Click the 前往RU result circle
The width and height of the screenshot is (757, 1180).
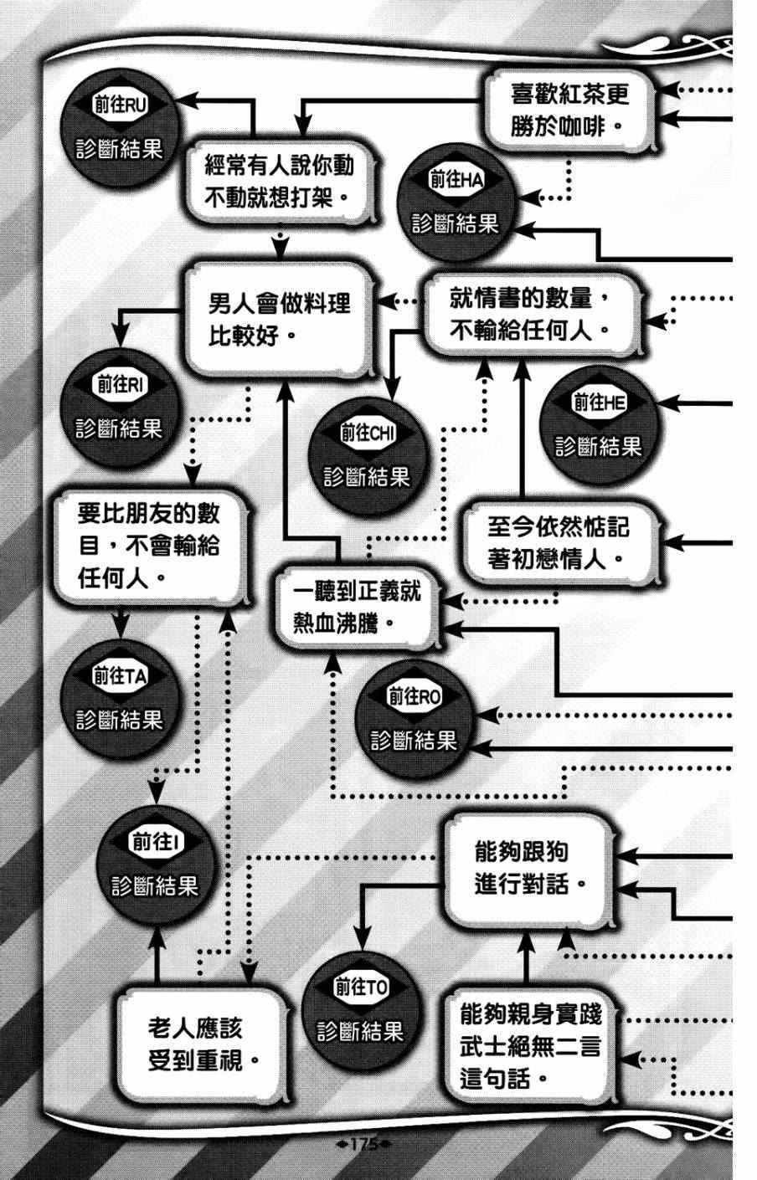(x=118, y=129)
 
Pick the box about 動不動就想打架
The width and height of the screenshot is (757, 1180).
(x=279, y=181)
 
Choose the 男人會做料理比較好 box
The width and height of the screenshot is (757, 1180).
(x=279, y=317)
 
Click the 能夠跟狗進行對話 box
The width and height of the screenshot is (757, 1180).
(x=531, y=867)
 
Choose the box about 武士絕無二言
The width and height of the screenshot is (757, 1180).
(x=529, y=1046)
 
